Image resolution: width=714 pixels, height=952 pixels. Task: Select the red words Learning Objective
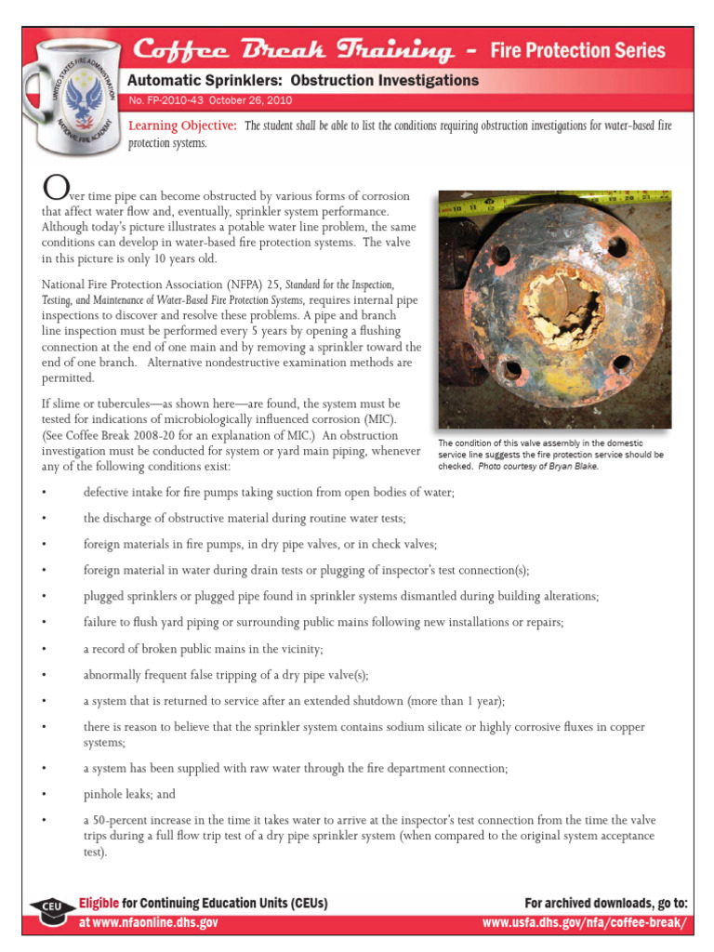pyautogui.click(x=182, y=126)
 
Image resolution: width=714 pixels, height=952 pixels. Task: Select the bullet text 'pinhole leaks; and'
pyautogui.click(x=129, y=795)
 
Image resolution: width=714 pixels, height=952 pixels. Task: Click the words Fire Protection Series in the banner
pyautogui.click(x=577, y=50)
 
